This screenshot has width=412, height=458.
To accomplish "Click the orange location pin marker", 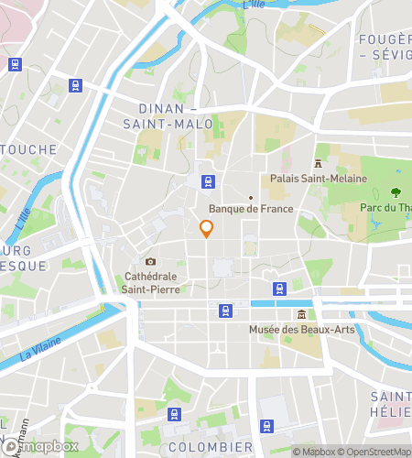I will tap(206, 229).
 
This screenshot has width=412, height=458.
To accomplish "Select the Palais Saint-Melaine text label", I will tap(318, 179).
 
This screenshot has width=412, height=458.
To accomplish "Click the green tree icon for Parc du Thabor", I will tap(396, 192).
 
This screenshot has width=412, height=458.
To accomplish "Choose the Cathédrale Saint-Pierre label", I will tap(153, 281).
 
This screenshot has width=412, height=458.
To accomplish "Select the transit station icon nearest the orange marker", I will tap(209, 181).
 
